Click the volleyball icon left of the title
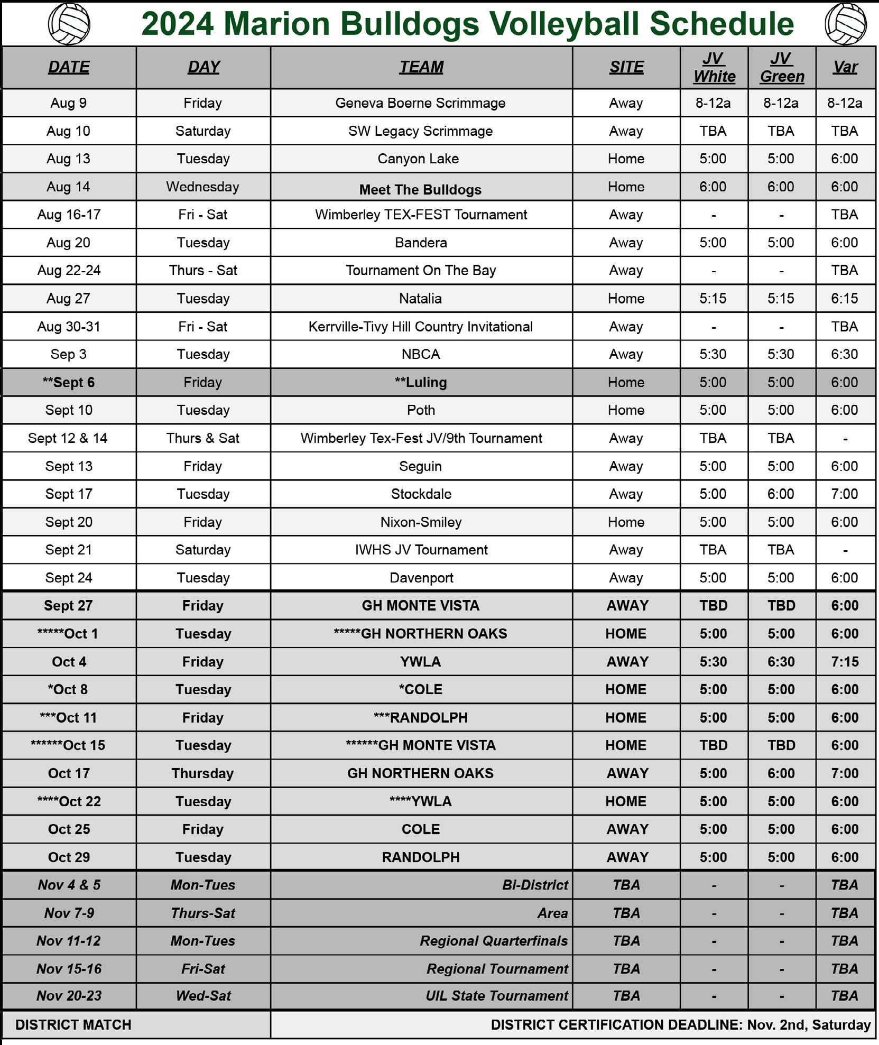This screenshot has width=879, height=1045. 69,24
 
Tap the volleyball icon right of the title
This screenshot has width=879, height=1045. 845,24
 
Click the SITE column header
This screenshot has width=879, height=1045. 626,67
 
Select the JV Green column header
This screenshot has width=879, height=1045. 782,67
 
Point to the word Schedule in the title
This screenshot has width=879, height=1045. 721,24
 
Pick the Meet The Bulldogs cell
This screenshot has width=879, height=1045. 420,189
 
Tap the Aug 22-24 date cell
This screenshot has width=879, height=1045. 69,270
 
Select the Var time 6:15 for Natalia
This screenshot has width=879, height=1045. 844,298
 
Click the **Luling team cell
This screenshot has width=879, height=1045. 421,382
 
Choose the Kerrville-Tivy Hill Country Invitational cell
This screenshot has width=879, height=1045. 420,326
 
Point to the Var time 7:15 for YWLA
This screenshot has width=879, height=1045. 844,661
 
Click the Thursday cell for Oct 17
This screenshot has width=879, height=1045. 202,773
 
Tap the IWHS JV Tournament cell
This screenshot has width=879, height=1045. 421,550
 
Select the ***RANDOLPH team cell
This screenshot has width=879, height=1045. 421,717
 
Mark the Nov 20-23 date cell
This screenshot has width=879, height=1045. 69,995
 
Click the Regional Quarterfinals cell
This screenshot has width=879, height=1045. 494,940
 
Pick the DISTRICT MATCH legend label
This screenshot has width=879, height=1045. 73,1024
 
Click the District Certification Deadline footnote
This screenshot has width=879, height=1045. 680,1024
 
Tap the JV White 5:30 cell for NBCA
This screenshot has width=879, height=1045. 713,354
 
